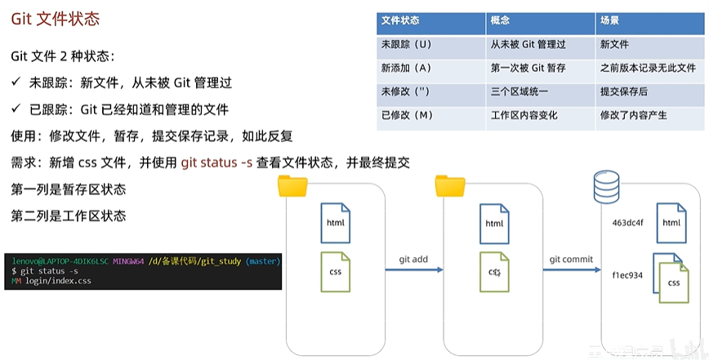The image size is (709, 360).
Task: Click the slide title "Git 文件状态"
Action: (x=56, y=18)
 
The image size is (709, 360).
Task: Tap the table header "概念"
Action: (x=500, y=20)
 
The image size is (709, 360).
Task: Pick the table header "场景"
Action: (x=609, y=20)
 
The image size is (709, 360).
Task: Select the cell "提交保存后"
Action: (x=622, y=91)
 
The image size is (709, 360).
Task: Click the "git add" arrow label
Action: (x=413, y=260)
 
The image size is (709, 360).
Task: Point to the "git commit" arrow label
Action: (x=570, y=260)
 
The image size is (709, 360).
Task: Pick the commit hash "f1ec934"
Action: (x=627, y=275)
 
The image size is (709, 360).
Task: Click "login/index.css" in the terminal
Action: (x=57, y=281)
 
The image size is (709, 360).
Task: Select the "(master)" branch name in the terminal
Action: (x=262, y=261)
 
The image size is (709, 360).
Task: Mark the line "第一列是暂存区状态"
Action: (x=69, y=189)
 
